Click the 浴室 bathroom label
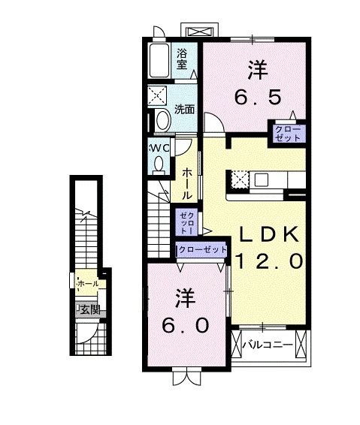pyautogui.click(x=183, y=59)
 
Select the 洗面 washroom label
pyautogui.click(x=185, y=110)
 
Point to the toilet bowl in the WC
pyautogui.click(x=158, y=164)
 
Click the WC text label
pyautogui.click(x=160, y=147)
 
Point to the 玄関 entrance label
pyautogui.click(x=90, y=309)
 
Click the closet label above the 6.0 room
pyautogui.click(x=201, y=249)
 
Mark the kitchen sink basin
pyautogui.click(x=262, y=179)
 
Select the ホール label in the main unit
pyautogui.click(x=186, y=182)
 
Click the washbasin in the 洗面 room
pyautogui.click(x=162, y=121)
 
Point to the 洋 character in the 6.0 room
pyautogui.click(x=185, y=297)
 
